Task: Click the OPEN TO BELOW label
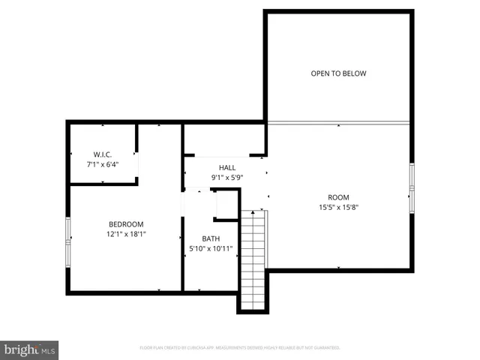point(338,73)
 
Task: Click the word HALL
point(227,167)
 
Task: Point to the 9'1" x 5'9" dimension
point(227,178)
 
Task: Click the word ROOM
point(338,196)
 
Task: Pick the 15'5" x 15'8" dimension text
point(338,208)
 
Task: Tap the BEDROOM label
point(126,223)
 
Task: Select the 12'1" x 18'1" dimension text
point(126,234)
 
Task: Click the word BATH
point(210,238)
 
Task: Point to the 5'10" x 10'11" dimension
point(210,249)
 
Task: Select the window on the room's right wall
point(411,187)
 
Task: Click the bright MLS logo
point(30,349)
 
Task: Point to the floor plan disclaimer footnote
point(240,348)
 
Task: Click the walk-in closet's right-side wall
point(136,153)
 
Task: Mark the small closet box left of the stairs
point(226,204)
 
